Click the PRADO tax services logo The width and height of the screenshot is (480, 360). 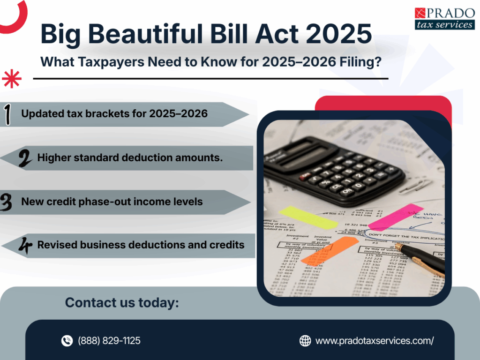[444, 18]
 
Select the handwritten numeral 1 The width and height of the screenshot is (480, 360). [8, 114]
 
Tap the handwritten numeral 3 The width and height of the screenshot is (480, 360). [7, 202]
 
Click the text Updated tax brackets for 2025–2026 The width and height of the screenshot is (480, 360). [114, 114]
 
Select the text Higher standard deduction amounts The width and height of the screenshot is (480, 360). [130, 158]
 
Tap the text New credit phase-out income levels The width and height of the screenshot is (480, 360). [112, 202]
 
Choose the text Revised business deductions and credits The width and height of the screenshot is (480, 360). [141, 245]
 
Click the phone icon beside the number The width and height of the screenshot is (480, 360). [67, 341]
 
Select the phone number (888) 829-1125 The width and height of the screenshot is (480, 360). [109, 341]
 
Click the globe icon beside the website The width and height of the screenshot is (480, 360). [305, 341]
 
